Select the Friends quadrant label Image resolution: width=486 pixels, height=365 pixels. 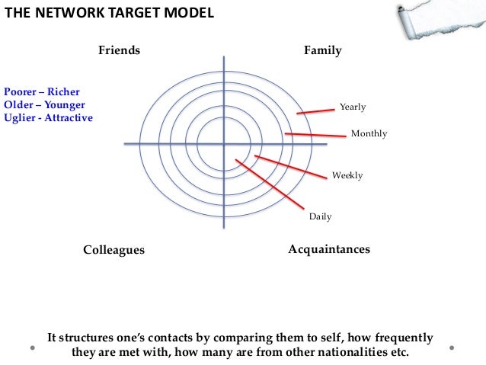119,50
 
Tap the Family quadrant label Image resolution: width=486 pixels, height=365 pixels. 322,50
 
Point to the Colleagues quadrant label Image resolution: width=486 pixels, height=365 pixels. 114,250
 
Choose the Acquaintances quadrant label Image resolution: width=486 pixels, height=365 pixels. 329,249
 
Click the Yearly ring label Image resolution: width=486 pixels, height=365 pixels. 353,107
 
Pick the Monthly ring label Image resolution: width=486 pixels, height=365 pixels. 369,133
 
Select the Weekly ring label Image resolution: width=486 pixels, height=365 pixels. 347,175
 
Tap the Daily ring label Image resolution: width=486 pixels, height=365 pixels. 320,216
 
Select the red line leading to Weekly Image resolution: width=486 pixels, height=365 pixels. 293,166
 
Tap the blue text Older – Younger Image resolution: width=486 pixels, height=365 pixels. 44,104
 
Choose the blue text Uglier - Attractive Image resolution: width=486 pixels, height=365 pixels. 48,118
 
